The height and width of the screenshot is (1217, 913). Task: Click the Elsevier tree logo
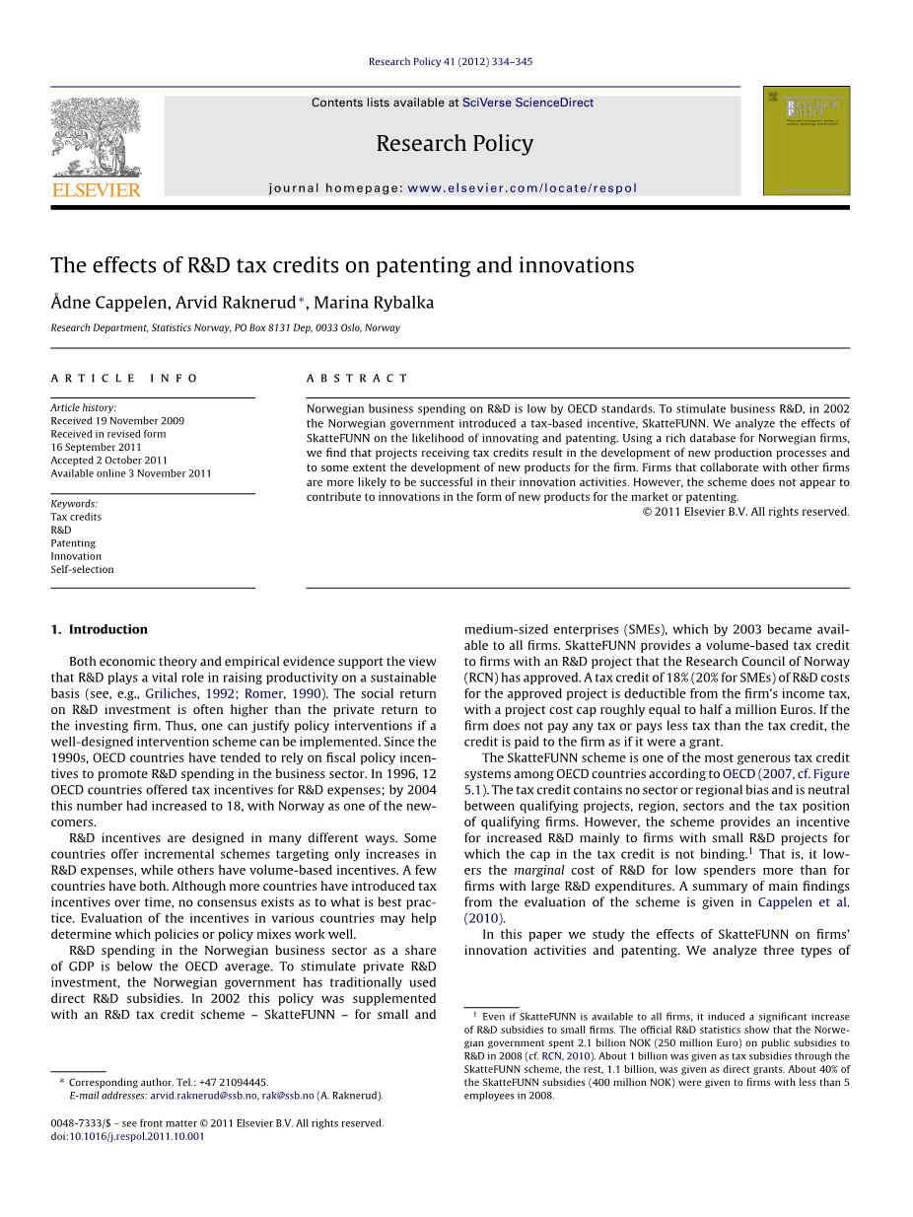click(x=96, y=138)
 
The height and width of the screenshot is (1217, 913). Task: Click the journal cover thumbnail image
click(x=806, y=140)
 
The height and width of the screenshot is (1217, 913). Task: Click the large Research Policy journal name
click(x=455, y=144)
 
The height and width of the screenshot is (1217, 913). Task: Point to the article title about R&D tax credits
click(x=342, y=265)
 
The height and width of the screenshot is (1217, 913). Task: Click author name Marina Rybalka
click(x=374, y=303)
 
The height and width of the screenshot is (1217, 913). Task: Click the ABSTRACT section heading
click(x=357, y=379)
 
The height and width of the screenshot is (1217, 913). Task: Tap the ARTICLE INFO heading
click(x=124, y=379)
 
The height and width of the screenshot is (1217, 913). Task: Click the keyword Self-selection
click(x=82, y=569)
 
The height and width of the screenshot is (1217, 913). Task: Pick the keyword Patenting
click(x=73, y=543)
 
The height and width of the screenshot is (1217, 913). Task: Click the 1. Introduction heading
click(x=99, y=629)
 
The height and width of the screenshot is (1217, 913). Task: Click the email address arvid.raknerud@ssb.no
click(x=203, y=1096)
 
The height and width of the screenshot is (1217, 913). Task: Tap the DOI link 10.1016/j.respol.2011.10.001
click(x=137, y=1136)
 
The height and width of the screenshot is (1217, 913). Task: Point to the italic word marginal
click(x=538, y=871)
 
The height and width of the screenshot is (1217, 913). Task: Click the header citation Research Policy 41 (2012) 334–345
click(x=450, y=61)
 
